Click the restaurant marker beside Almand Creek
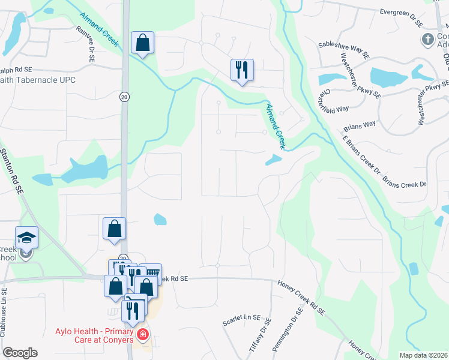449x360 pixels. point(243,70)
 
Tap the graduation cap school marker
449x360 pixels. point(26,238)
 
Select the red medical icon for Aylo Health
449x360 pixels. point(142,334)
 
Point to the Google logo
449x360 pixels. point(20,353)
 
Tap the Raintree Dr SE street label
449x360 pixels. point(85,44)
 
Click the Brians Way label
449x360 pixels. point(360,128)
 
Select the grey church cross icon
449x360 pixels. point(427,40)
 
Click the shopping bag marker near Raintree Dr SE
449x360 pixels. point(142,43)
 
